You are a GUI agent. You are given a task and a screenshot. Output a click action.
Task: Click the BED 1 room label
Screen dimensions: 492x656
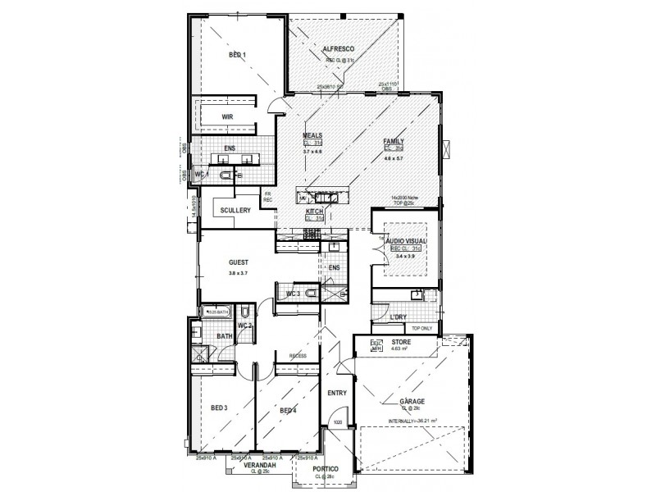pos(238,55)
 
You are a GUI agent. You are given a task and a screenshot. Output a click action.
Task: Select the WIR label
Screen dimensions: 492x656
pos(228,117)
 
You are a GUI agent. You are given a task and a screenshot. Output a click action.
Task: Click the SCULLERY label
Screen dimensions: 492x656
pos(235,211)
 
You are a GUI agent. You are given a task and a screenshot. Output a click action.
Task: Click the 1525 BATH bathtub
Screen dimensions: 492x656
pos(217,312)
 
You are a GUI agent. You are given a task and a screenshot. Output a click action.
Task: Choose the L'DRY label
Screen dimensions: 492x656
pos(400,317)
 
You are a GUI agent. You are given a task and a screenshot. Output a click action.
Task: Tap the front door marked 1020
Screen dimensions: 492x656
pos(336,423)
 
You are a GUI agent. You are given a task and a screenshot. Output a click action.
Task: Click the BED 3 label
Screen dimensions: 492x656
pos(219,408)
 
